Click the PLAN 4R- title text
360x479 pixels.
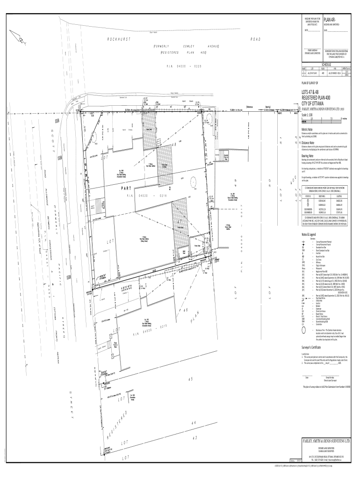click(330, 20)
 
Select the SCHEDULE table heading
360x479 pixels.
click(325, 64)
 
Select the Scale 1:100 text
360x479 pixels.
click(309, 115)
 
